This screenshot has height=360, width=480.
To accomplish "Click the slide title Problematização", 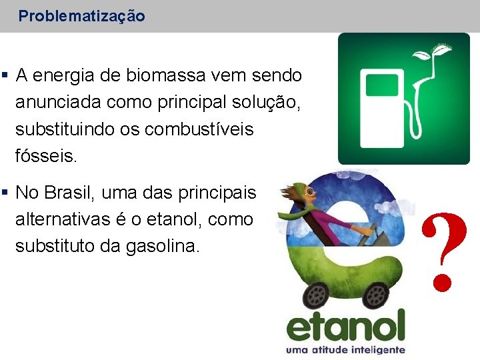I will tap(81, 16).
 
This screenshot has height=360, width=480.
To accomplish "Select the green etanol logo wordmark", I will tap(346, 327).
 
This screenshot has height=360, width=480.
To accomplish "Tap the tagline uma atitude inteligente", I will tap(345, 350).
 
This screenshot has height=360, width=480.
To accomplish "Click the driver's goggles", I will tap(311, 193).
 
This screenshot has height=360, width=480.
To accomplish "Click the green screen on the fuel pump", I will tap(381, 85).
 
